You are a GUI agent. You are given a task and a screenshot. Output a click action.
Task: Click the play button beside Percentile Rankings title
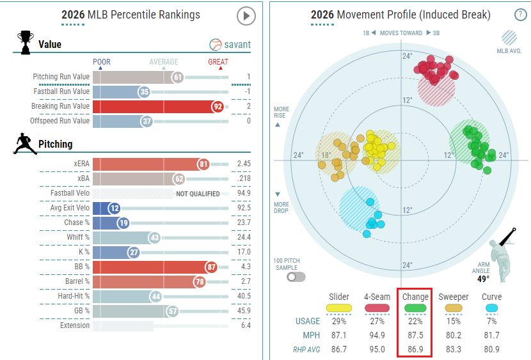coord(246,16)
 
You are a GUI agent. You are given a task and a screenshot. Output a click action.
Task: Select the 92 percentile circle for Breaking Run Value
coord(218,106)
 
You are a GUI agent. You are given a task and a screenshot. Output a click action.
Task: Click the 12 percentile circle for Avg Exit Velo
coord(115,208)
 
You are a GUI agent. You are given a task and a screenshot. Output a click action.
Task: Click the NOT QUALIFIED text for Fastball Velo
coord(197,194)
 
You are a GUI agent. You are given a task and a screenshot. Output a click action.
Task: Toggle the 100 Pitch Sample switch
coord(296,277)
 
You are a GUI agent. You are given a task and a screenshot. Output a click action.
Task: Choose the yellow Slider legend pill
coord(338,308)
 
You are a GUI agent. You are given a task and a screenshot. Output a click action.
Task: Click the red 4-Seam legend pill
coord(377,308)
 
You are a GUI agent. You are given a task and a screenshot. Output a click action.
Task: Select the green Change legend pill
coord(415,308)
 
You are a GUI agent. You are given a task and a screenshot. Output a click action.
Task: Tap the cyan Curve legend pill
coord(491,308)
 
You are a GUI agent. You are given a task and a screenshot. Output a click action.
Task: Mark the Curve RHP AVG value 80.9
coord(491,350)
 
